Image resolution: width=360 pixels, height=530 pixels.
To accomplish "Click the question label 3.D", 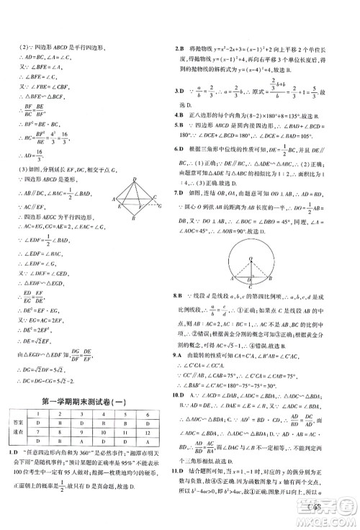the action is (x=181, y=92).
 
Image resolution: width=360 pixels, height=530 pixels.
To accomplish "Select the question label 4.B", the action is (x=181, y=114).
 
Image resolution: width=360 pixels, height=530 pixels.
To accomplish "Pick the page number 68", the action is (x=331, y=511).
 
